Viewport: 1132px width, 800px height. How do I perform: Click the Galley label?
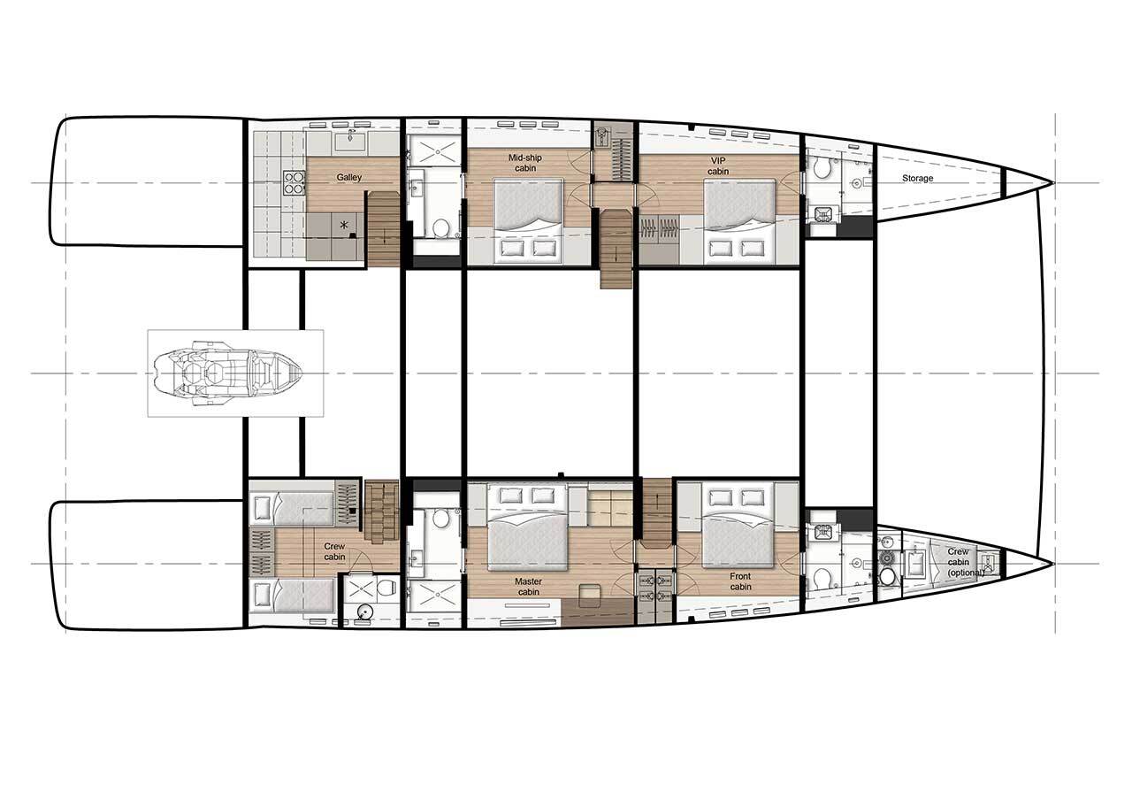tap(349, 178)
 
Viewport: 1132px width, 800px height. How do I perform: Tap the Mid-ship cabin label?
tap(525, 163)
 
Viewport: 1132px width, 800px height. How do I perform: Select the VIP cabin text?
tap(717, 165)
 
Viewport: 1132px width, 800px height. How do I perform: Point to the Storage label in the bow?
tap(918, 178)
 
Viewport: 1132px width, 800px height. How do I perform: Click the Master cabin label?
tap(529, 587)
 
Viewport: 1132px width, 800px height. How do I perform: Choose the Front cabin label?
tap(740, 581)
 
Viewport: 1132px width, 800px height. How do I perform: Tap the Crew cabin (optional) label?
tap(966, 562)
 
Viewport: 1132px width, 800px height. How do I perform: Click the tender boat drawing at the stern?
tap(227, 373)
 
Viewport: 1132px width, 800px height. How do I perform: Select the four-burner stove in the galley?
tap(294, 182)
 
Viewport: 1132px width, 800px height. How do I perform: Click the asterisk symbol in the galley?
tap(344, 225)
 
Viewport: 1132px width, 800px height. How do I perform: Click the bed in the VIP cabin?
tap(738, 221)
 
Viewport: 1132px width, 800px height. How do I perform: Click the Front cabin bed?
tap(738, 526)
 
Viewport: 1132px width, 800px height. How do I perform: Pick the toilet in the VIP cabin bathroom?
tap(823, 167)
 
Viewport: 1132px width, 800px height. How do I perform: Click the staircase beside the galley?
tap(383, 229)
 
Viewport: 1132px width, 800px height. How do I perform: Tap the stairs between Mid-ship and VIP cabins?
tap(616, 249)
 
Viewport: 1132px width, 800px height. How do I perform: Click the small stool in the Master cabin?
tap(588, 592)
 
